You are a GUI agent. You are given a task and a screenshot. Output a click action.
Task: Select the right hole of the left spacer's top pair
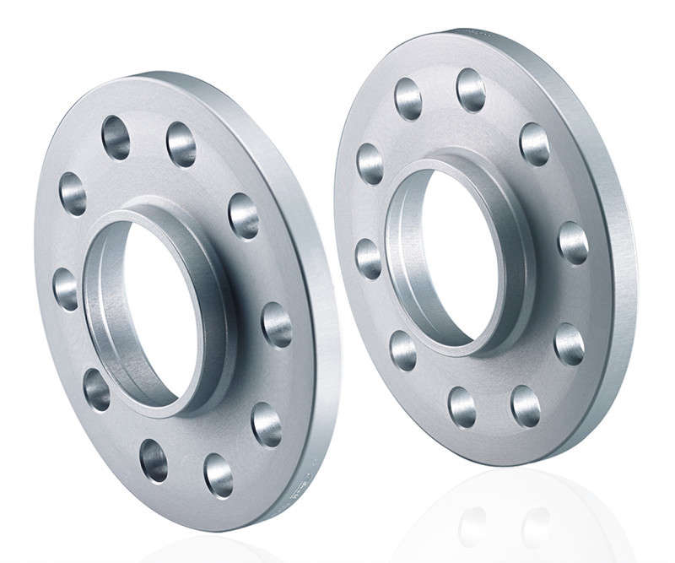pyautogui.click(x=181, y=145)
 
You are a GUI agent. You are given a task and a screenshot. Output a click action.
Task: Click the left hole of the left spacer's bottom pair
pyautogui.click(x=154, y=460)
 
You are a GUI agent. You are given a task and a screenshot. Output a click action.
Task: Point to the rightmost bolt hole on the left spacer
pyautogui.click(x=276, y=322)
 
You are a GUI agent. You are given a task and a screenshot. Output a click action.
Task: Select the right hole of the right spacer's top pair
pyautogui.click(x=471, y=89)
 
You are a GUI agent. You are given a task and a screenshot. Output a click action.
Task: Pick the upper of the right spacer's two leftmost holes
pyautogui.click(x=370, y=164)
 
